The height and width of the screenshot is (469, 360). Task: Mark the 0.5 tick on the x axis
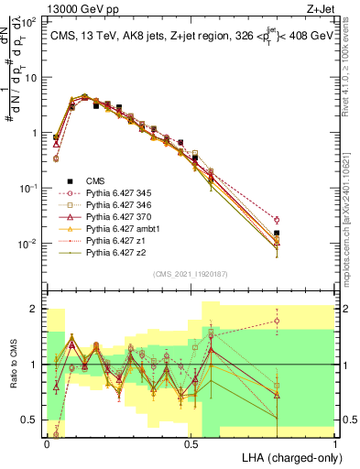[x=191, y=443]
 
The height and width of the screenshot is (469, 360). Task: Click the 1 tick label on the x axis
[x=334, y=443]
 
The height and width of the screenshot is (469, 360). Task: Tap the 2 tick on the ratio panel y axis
[x=37, y=309]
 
